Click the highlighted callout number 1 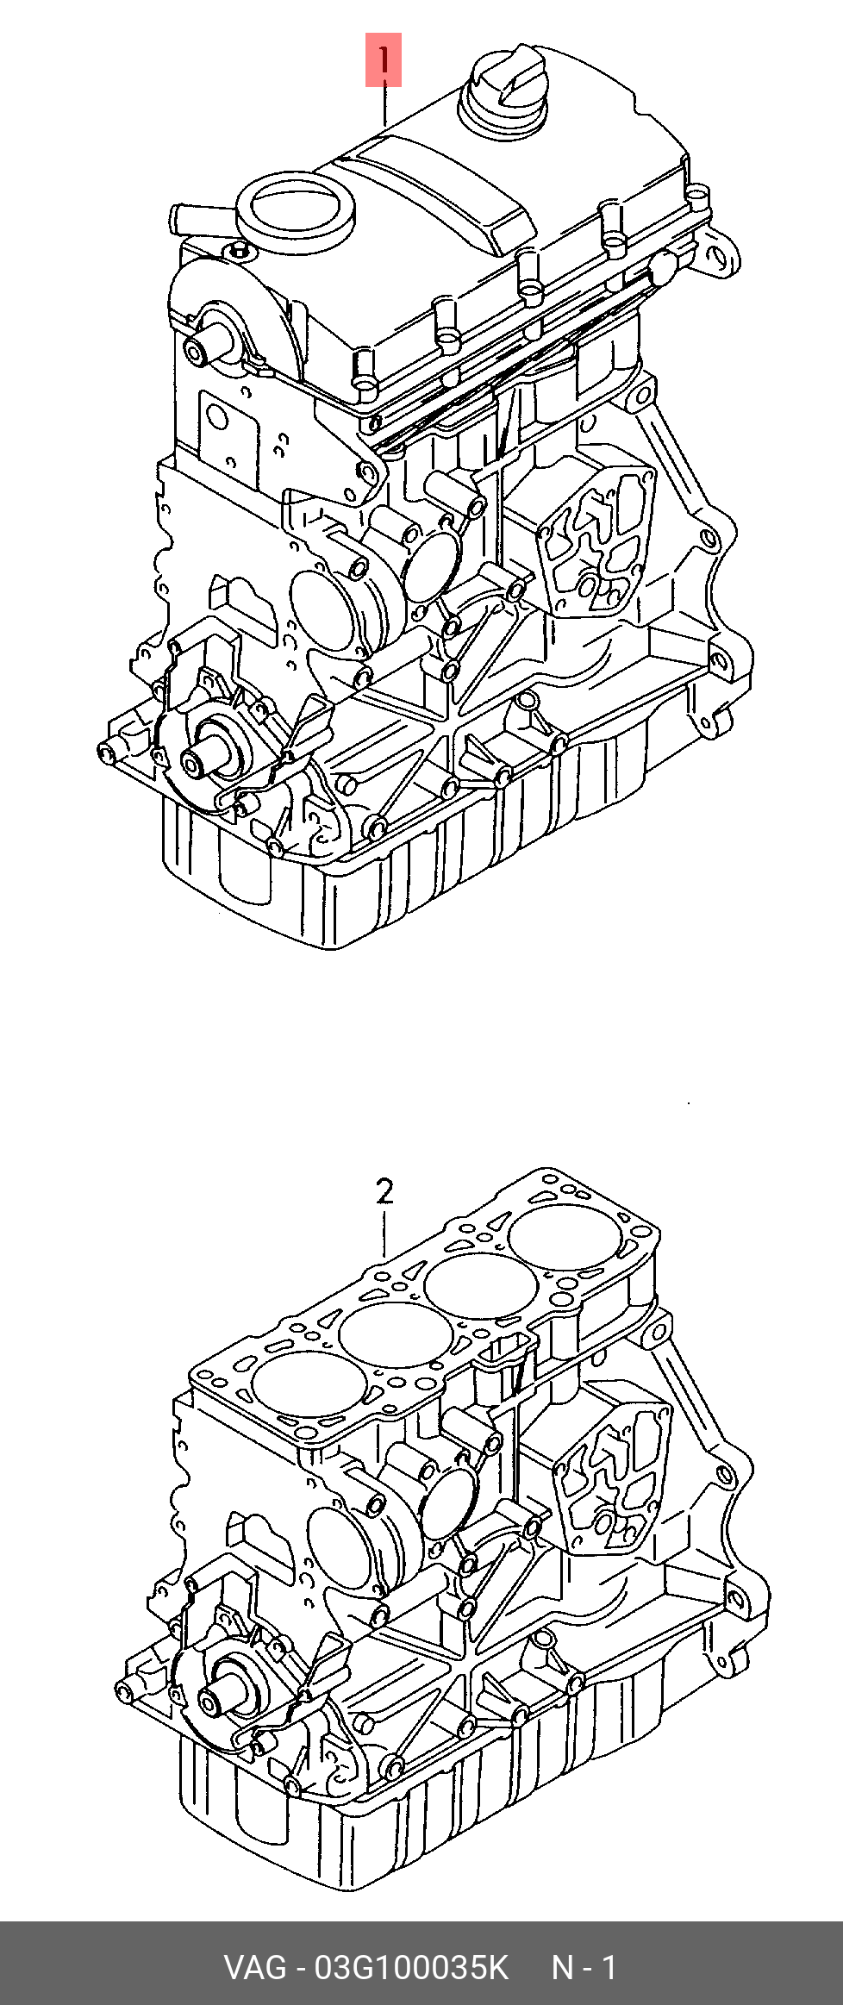pos(384,60)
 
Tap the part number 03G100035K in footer pos(412,1967)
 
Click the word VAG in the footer pos(255,1967)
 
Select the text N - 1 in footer pos(584,1967)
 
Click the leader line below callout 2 pos(385,1233)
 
